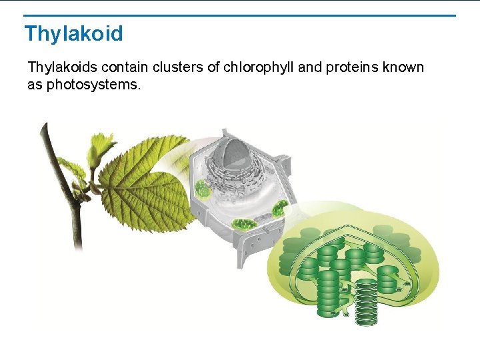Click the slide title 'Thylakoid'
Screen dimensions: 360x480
tap(73, 33)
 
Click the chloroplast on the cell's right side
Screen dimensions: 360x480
tap(279, 208)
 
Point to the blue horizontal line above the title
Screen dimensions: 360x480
tap(240, 15)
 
